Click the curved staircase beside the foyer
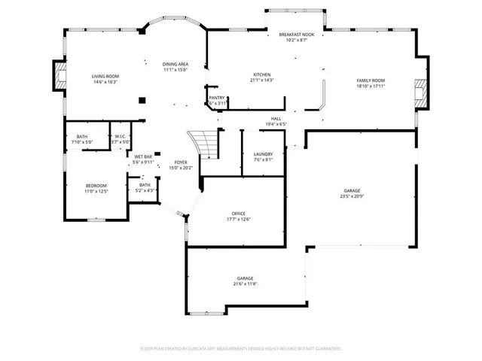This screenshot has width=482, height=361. (x=204, y=142)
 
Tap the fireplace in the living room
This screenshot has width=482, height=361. (x=58, y=74)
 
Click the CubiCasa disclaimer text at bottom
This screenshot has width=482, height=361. (x=241, y=348)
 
